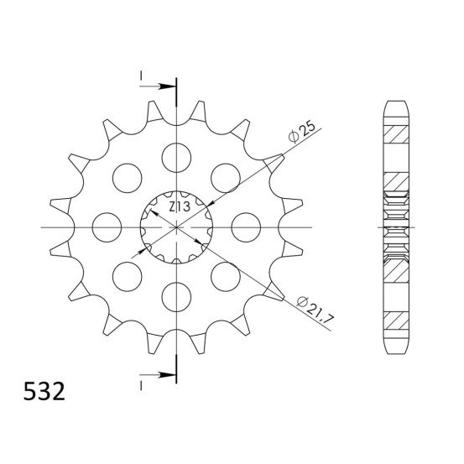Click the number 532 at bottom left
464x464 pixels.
(x=44, y=391)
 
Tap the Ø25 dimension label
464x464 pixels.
(x=302, y=133)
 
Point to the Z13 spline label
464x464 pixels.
(x=180, y=206)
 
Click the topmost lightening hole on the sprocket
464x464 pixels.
(x=176, y=158)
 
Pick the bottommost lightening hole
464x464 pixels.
(x=176, y=297)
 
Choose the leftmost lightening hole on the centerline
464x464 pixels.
(x=107, y=227)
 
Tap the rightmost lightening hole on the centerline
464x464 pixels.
(x=246, y=227)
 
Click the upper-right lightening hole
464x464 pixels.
(x=226, y=178)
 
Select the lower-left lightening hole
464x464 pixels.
(x=128, y=276)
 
